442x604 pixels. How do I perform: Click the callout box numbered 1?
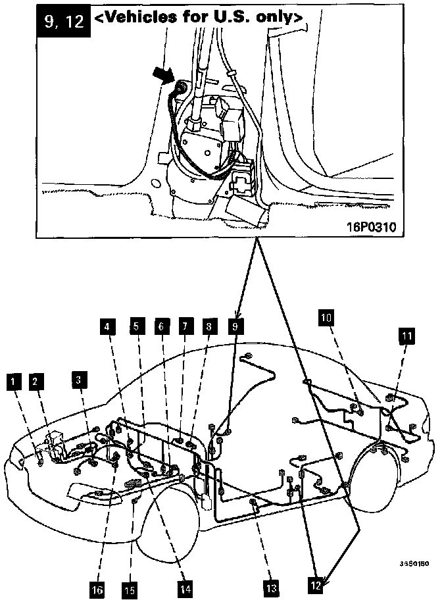pos(11,380)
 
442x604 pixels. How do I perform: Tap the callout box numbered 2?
pos(37,380)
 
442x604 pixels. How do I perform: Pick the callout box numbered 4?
pos(107,324)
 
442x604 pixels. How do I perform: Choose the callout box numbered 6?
pos(160,324)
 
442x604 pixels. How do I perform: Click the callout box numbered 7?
pos(185,324)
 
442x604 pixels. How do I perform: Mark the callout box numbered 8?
pos(209,324)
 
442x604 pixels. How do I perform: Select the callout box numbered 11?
pos(407,336)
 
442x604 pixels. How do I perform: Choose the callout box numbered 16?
pos(97,590)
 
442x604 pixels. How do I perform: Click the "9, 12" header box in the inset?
pos(62,20)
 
